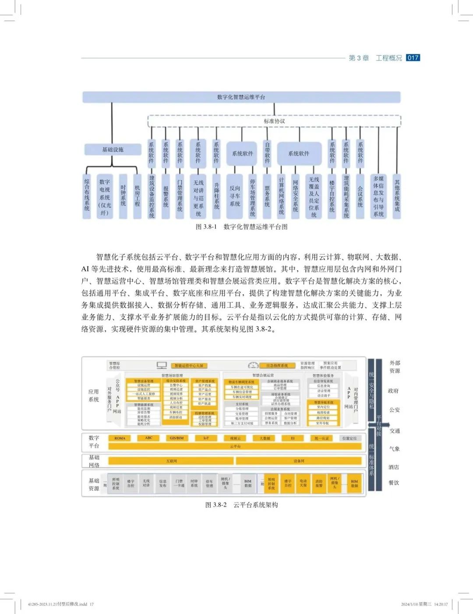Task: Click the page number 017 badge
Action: tap(413, 58)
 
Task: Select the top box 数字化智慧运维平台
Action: tap(241, 97)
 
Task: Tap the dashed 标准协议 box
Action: tap(274, 121)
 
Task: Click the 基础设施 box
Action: tap(113, 149)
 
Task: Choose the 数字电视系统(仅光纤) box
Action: tap(105, 197)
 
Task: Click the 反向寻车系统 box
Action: tap(235, 196)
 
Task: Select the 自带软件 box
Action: tap(267, 153)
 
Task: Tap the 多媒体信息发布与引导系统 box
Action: tap(378, 196)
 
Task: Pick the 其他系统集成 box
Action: tap(397, 196)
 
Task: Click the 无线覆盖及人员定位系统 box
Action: tap(314, 197)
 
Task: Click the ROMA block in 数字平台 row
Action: tap(120, 438)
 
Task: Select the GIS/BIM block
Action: tap(176, 438)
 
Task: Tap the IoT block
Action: tap(206, 438)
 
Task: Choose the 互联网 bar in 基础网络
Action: tap(171, 461)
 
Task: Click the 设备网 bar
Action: tap(299, 461)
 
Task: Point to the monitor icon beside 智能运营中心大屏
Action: tap(162, 365)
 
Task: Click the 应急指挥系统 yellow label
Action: tap(277, 366)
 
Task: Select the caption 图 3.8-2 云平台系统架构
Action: tap(241, 505)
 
